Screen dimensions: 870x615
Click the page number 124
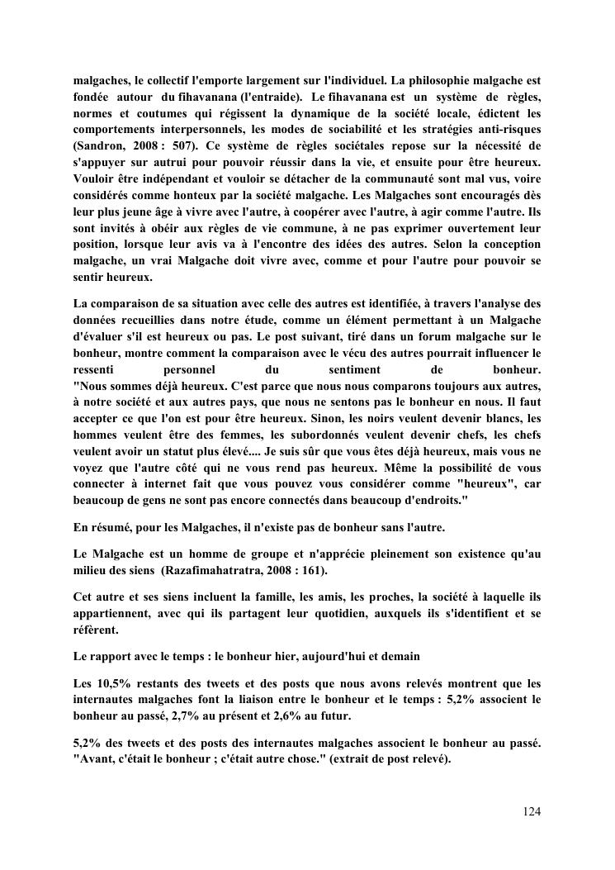pos(532,812)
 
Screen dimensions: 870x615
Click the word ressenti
pos(97,369)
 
